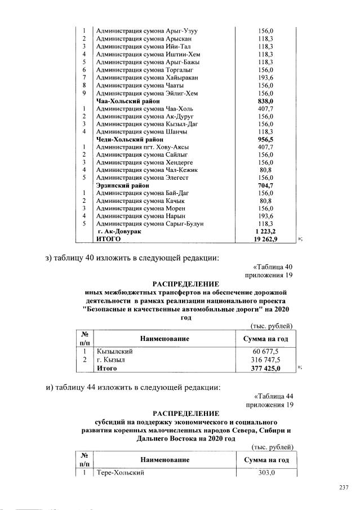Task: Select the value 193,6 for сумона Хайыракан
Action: pos(265,77)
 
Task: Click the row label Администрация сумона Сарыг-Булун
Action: pos(150,224)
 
